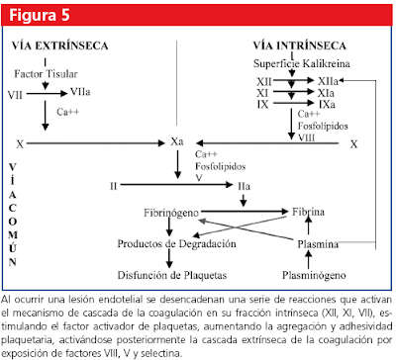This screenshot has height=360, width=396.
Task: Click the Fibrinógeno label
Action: (x=175, y=213)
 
